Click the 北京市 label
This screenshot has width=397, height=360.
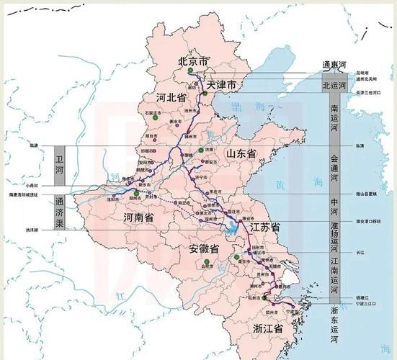click(192, 61)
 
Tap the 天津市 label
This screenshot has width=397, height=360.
click(222, 85)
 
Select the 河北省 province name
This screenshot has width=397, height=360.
click(171, 96)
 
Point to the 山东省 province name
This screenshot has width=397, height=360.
click(241, 153)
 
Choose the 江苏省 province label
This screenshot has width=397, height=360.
click(265, 228)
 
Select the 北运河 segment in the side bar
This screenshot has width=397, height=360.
click(334, 85)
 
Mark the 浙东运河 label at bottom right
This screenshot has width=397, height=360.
click(334, 324)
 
